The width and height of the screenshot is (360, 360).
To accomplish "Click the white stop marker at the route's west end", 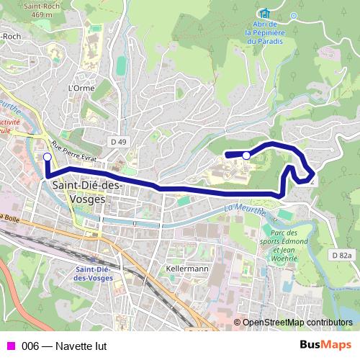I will coord(48,156).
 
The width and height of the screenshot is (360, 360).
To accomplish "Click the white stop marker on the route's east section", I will coord(246,156).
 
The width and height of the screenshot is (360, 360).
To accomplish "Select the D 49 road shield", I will coord(119,142).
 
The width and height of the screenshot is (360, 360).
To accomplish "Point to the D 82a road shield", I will coord(342,255).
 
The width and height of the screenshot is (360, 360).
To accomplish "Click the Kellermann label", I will coord(186,269).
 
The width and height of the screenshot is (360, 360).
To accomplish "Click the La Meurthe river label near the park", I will coord(246,209).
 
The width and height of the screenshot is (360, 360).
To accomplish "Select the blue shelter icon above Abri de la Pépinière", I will coord(264,13).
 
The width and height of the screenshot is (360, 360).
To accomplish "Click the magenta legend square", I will coord(11,346).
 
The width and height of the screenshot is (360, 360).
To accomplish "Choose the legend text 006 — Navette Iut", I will coord(64,346).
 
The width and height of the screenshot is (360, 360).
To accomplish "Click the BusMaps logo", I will coord(325,345).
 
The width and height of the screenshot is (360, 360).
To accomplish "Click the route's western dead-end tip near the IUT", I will coord(227,154).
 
